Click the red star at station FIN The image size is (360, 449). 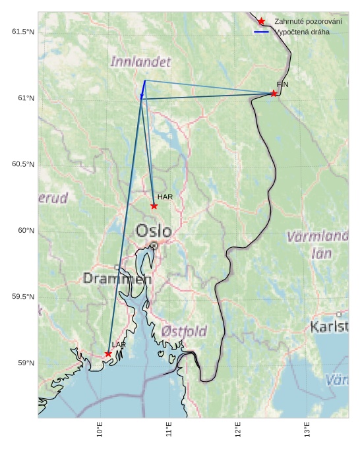[274, 94]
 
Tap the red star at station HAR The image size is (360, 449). [154, 206]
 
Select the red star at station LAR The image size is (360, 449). [108, 354]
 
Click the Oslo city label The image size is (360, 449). [154, 231]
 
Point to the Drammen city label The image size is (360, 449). [117, 279]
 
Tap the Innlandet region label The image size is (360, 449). [140, 62]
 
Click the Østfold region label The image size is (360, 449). [184, 331]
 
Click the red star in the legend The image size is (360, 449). [261, 22]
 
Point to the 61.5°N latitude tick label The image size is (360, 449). [23, 32]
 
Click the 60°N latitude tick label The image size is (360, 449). [26, 230]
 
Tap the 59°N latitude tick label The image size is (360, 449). [26, 363]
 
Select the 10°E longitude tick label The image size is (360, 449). [100, 432]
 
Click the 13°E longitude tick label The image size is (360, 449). [307, 432]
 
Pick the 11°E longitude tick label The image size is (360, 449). [169, 432]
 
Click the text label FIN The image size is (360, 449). [282, 84]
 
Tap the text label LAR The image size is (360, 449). [119, 345]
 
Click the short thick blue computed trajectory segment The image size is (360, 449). [143, 89]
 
